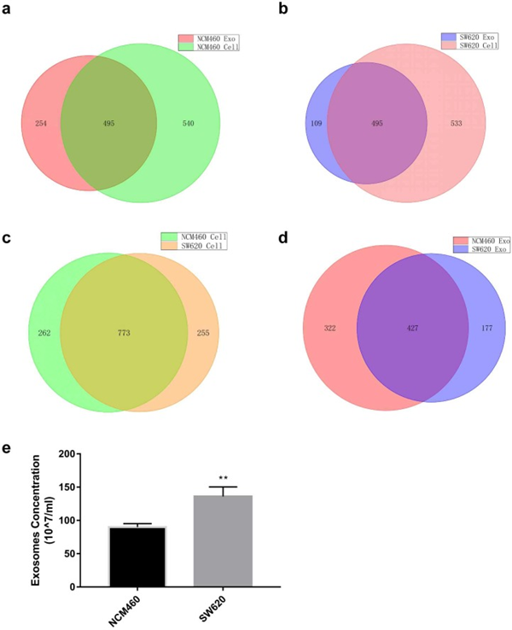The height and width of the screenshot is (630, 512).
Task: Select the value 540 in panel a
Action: pyautogui.click(x=189, y=123)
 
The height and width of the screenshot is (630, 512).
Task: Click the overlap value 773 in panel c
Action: pyautogui.click(x=124, y=333)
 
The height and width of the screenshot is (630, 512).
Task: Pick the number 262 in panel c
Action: pyautogui.click(x=44, y=333)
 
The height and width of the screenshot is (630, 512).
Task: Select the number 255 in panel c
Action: pyautogui.click(x=202, y=333)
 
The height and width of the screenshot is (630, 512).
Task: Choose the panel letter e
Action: pyautogui.click(x=8, y=446)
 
